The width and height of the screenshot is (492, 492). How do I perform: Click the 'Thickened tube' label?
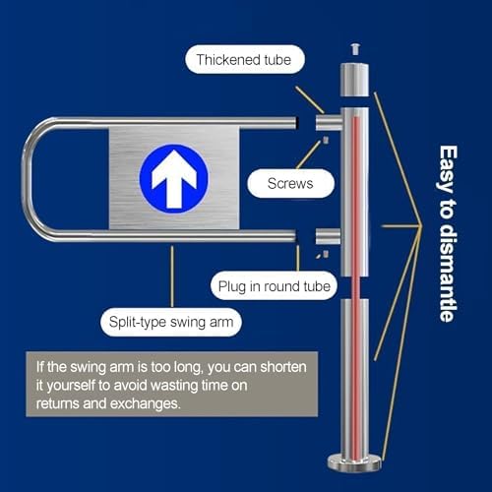point(241,61)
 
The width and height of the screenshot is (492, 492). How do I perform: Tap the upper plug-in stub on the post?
point(328,122)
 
